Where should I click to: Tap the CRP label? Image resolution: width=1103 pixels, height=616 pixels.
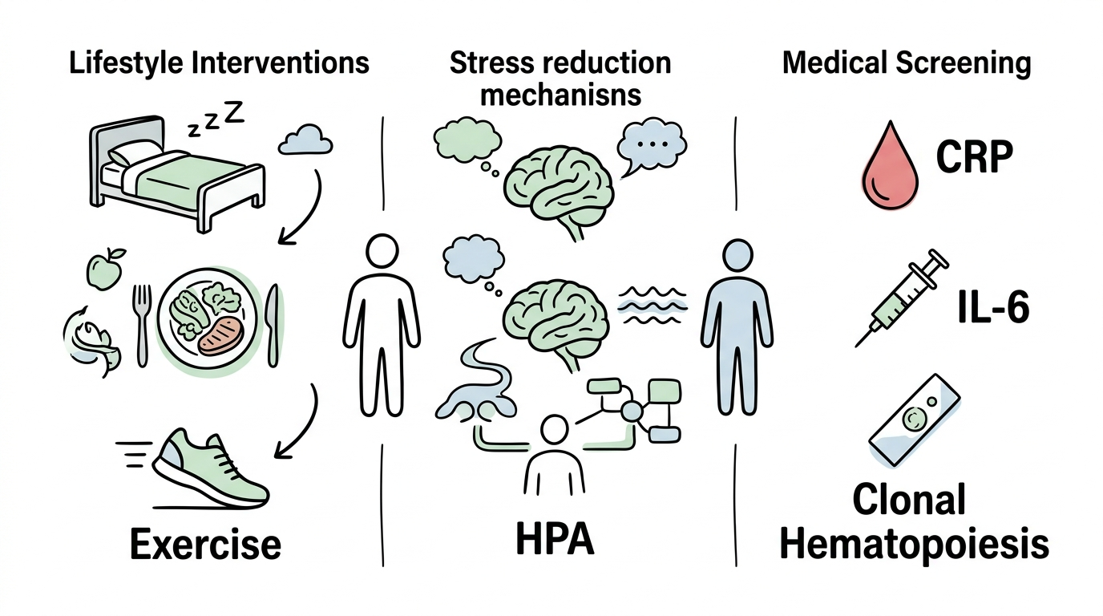pyautogui.click(x=975, y=156)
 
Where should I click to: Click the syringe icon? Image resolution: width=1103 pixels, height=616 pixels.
pyautogui.click(x=901, y=298)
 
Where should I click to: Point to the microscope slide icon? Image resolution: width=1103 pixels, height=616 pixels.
pyautogui.click(x=915, y=420)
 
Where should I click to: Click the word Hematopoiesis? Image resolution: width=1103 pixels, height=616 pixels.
pyautogui.click(x=915, y=545)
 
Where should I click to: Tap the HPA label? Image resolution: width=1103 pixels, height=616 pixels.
pyautogui.click(x=555, y=539)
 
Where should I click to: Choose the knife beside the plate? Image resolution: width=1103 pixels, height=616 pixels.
pyautogui.click(x=272, y=326)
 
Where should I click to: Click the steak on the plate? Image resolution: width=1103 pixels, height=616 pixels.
pyautogui.click(x=221, y=336)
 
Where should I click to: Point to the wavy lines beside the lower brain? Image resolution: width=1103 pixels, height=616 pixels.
pyautogui.click(x=652, y=305)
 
